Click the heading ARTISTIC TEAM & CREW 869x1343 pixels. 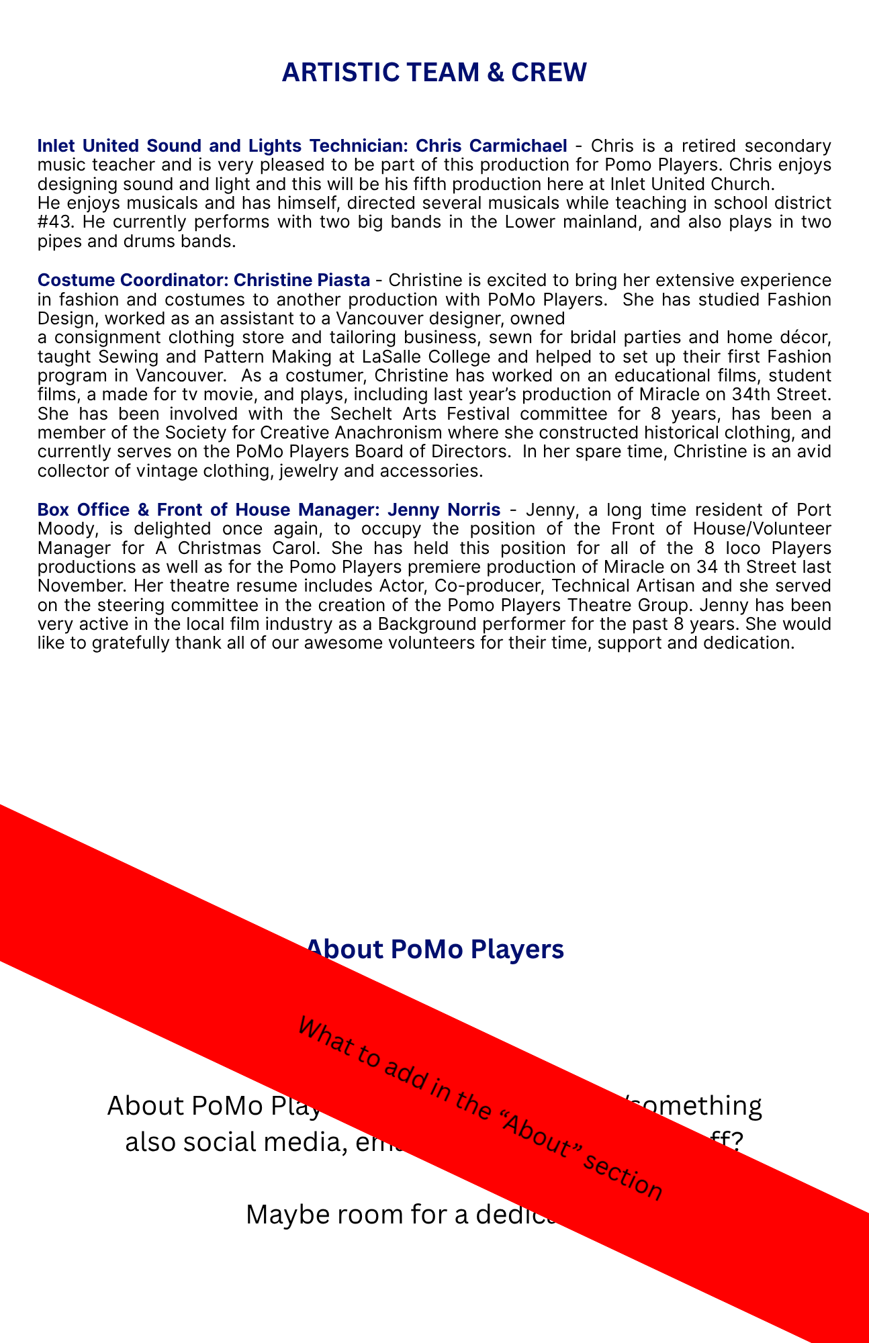click(434, 73)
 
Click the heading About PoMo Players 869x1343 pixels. click(434, 949)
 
